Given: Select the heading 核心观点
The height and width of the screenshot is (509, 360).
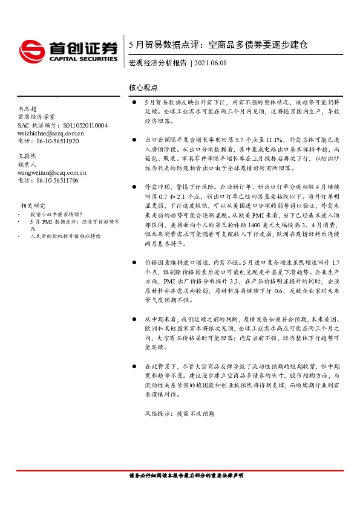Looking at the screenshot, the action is point(142,88).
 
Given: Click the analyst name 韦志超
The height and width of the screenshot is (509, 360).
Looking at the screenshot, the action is point(28,108).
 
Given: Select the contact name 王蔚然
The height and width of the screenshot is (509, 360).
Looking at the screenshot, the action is point(28,156).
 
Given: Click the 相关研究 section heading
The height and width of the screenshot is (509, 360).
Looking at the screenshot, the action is point(33,206).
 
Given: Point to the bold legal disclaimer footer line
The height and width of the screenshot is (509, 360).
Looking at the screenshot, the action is point(187,476).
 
